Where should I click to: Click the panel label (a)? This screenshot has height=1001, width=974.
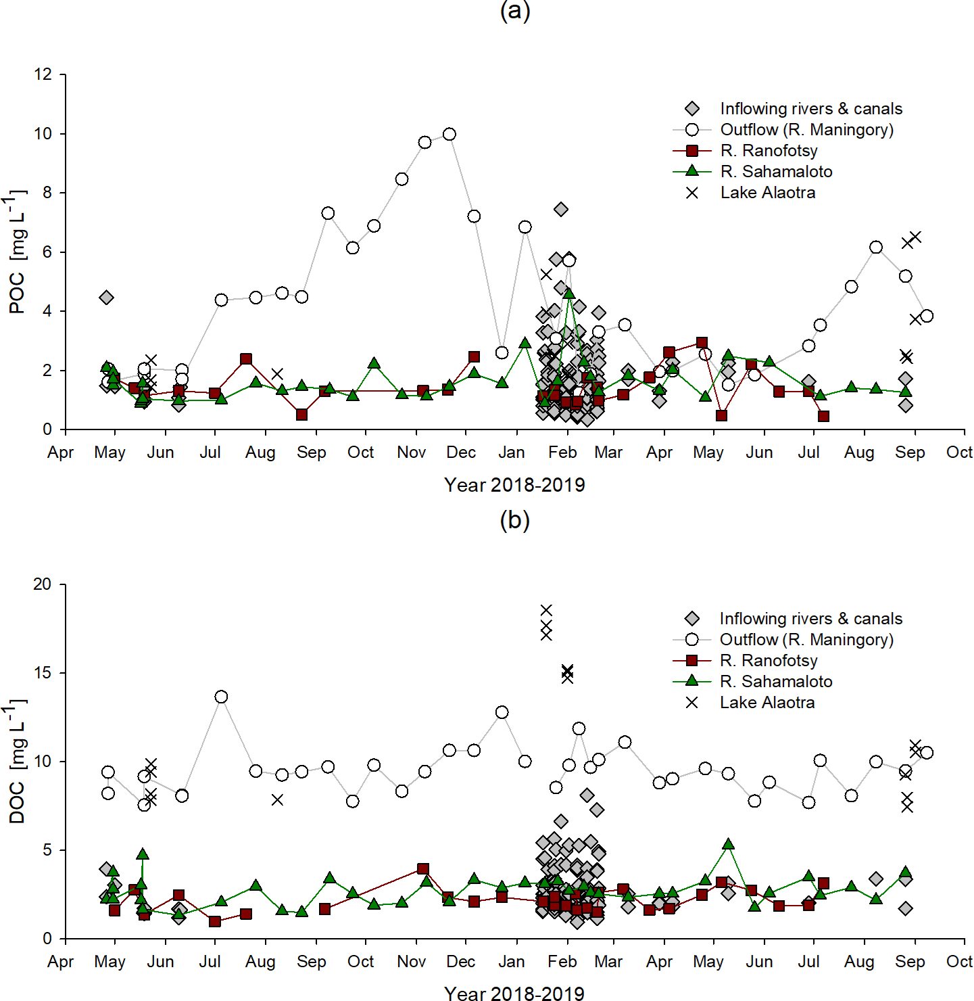[x=514, y=11]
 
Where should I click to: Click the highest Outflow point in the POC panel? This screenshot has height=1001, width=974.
[x=449, y=134]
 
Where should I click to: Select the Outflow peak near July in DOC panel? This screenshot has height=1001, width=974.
[x=221, y=697]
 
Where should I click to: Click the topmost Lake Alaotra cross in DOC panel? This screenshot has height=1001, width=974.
[x=546, y=610]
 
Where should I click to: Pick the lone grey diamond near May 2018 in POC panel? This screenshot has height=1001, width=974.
[x=106, y=298]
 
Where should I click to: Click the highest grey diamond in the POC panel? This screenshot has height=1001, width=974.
[x=561, y=209]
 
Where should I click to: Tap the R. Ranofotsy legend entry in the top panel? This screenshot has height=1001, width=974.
[x=769, y=151]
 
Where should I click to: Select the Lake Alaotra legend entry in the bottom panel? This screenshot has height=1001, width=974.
[x=766, y=703]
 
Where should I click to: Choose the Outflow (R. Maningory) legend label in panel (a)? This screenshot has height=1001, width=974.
[x=806, y=130]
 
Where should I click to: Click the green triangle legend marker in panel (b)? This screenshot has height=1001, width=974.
[x=692, y=681]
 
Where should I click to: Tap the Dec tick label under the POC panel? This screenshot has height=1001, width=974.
[x=461, y=452]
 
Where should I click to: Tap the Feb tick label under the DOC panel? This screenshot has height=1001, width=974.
[x=562, y=962]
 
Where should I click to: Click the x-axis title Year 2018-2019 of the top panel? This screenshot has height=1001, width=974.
[x=514, y=485]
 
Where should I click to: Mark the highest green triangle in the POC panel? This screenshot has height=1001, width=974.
[x=568, y=293]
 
